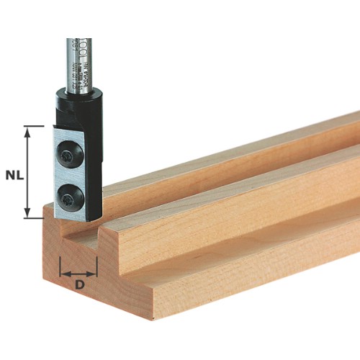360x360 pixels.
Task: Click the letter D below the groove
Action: coord(79,284)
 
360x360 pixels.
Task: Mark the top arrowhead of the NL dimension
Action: coord(29,130)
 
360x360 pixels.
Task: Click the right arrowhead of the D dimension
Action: coord(94,274)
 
